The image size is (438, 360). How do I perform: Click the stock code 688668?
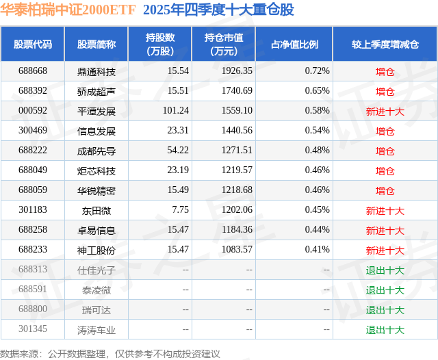point(33,71)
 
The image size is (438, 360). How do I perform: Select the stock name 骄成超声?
point(96,91)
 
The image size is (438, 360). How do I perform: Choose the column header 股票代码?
point(33,44)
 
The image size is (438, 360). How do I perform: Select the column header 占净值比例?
point(294,44)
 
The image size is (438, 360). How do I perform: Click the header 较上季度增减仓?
point(385,44)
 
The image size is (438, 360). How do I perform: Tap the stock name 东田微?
point(96,210)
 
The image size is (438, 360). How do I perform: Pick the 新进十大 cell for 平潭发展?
point(385,111)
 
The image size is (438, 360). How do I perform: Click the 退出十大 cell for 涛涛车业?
point(385,329)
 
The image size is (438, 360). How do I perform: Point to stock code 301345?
point(33,329)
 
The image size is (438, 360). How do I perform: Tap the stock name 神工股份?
point(96,250)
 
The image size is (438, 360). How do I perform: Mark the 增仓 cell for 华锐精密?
point(385,190)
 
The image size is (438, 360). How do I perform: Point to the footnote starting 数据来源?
point(110,353)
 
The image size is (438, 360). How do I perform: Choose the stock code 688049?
point(33,170)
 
